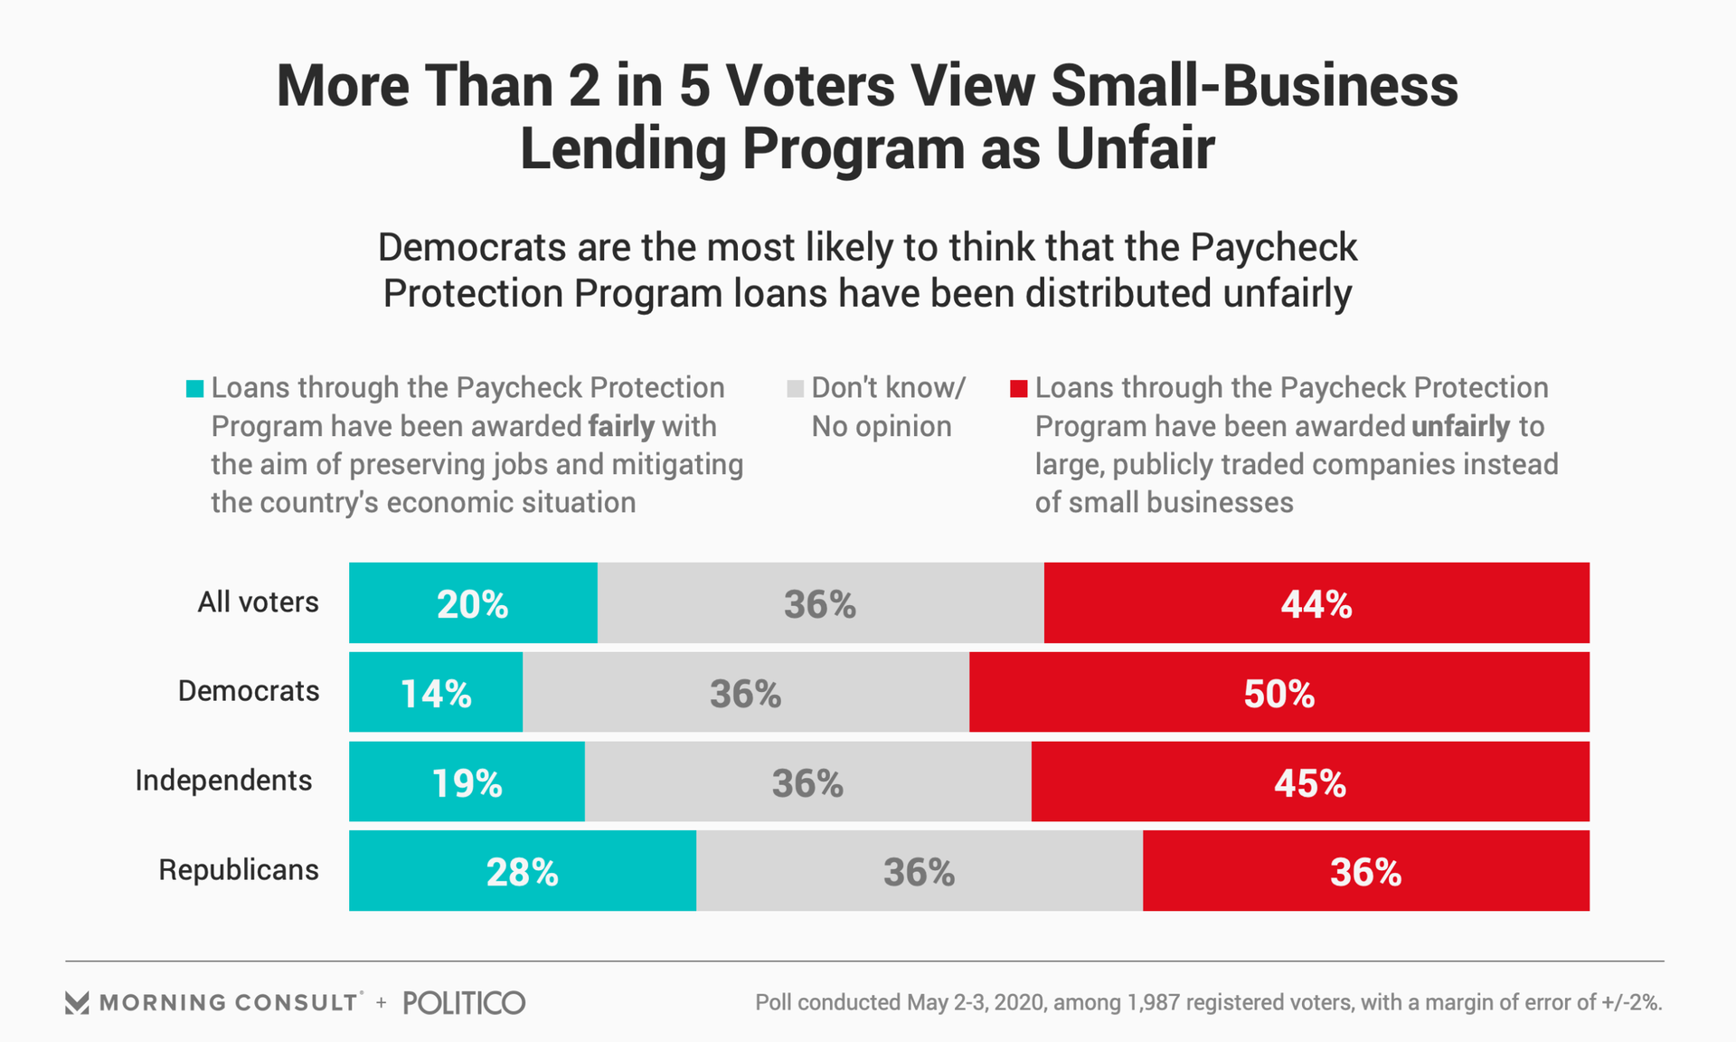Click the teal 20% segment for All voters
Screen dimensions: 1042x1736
coord(473,603)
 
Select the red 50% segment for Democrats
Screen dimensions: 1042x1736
coord(1278,693)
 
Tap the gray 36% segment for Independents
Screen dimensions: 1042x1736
coord(807,782)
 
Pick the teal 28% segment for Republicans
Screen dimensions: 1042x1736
coord(523,871)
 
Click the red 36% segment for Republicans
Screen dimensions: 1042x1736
coord(1365,871)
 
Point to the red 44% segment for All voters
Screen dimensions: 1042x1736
coord(1316,603)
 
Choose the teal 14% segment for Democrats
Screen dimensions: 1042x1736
coord(436,693)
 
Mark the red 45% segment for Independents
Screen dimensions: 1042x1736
coord(1310,782)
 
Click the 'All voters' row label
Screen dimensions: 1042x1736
coord(258,602)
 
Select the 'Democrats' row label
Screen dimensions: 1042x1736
coord(249,691)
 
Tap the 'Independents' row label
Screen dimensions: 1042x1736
coord(223,781)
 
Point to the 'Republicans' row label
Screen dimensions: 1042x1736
coord(239,870)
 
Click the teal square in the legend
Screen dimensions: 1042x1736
coord(194,389)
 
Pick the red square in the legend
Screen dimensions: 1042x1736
coord(1018,389)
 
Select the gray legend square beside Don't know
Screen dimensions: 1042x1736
coord(795,389)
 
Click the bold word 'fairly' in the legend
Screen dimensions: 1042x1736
coord(621,426)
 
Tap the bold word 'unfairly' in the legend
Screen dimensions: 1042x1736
coord(1460,426)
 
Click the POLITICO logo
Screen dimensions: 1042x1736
coord(464,1002)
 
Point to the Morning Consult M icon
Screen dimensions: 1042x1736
coord(77,1002)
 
